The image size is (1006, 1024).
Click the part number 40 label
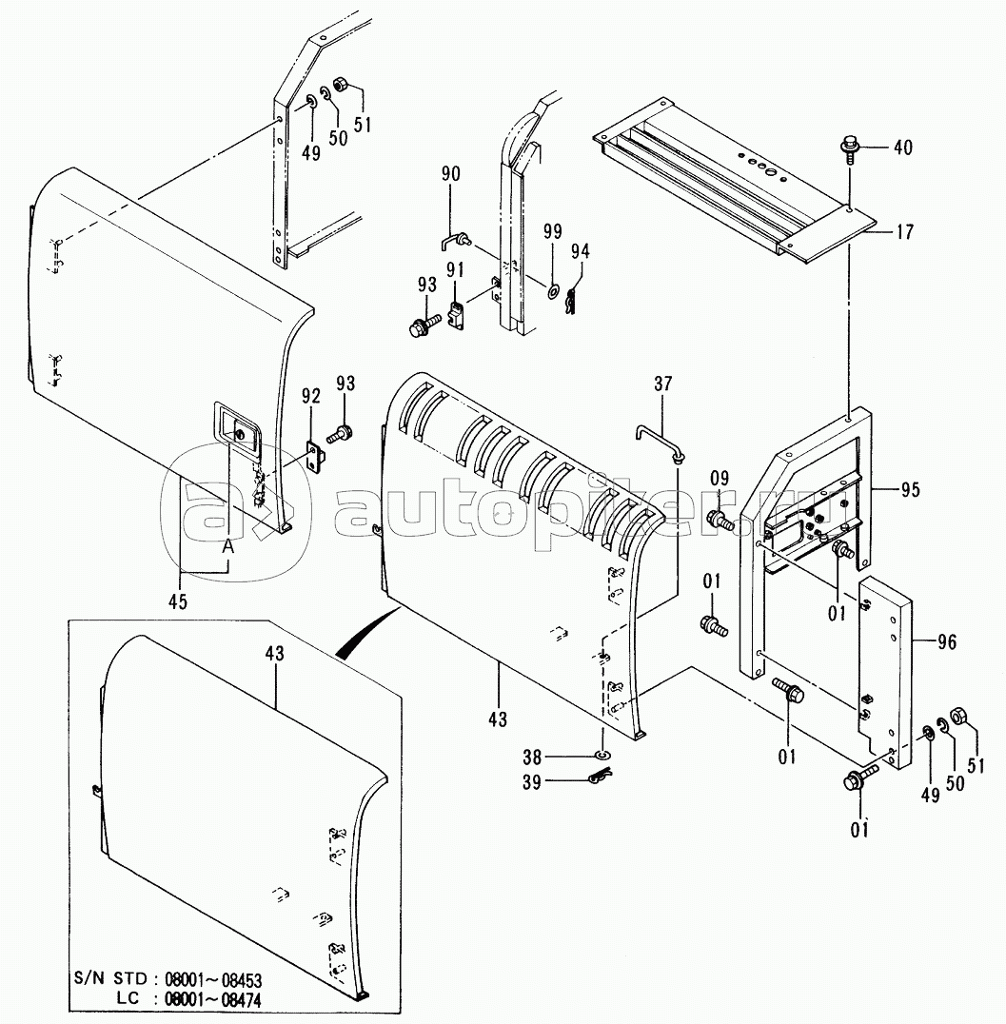[x=903, y=148]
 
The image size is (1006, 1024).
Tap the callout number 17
[x=904, y=231]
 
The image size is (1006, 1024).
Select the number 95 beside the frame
[x=910, y=490]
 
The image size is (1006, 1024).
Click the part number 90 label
[x=451, y=174]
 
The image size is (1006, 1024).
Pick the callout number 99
[x=553, y=232]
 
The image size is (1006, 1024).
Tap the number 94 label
[x=580, y=251]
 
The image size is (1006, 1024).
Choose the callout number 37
[x=662, y=384]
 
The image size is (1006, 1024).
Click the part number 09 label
[x=720, y=478]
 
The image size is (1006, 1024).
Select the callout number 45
[x=178, y=601]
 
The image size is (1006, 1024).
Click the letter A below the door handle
[x=227, y=546]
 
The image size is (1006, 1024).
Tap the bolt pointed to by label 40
[x=849, y=147]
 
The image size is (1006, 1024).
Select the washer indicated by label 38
[x=602, y=756]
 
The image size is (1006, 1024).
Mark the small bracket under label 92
[x=316, y=455]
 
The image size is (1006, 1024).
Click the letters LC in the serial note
[x=128, y=999]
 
